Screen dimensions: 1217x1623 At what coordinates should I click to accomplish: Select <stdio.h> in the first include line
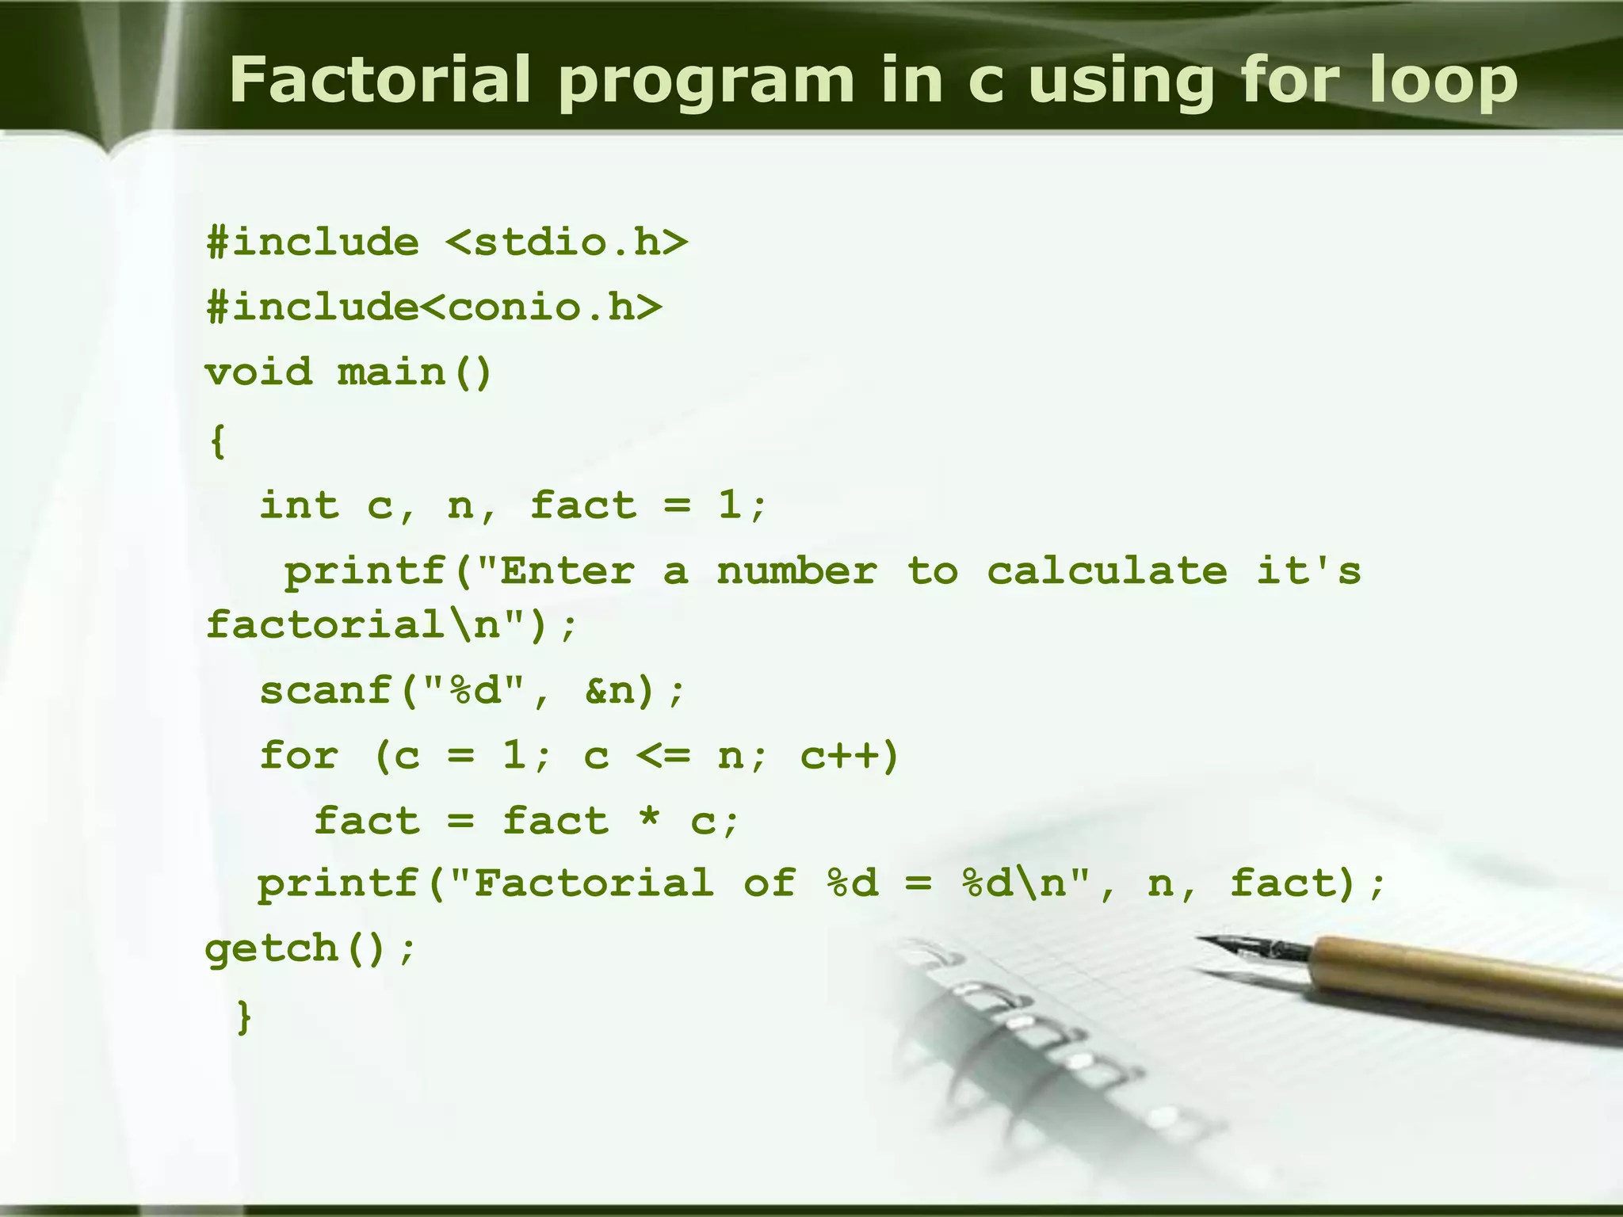click(x=567, y=242)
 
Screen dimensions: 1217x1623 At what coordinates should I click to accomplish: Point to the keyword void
click(x=259, y=372)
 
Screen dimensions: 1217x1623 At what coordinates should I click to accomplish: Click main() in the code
click(x=414, y=372)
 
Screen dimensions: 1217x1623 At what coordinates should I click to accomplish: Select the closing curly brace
click(x=244, y=1016)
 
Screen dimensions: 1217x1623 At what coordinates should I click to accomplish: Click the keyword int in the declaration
click(x=300, y=505)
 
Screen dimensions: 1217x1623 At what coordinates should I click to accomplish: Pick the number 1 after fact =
click(x=729, y=505)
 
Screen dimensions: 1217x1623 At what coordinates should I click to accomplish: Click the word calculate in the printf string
click(x=1107, y=570)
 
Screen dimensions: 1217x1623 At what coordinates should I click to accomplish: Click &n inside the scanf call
click(x=611, y=690)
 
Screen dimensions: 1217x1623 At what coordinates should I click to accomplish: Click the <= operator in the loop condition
click(x=663, y=755)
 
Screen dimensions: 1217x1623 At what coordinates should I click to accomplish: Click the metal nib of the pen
click(x=1252, y=947)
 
